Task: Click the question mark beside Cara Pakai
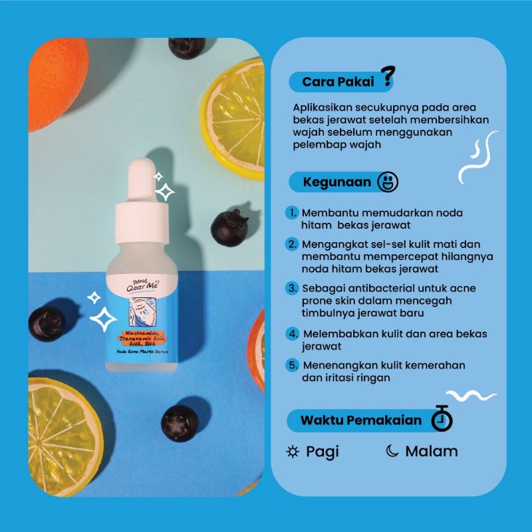click(384, 78)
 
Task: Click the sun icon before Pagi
click(293, 452)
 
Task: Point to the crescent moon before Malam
click(392, 452)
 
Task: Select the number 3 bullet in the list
click(292, 289)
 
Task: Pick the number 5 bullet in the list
click(292, 365)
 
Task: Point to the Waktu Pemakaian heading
click(360, 420)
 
